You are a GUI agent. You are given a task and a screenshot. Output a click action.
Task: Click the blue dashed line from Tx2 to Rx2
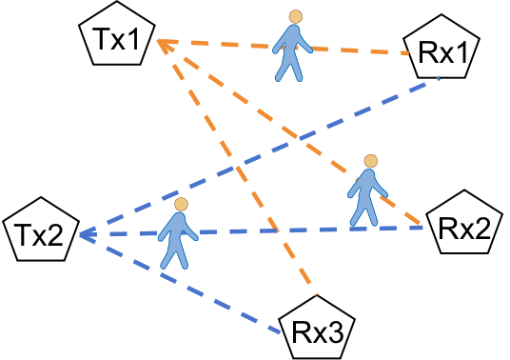[285, 230]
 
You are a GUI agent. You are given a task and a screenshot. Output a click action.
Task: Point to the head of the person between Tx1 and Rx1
[297, 16]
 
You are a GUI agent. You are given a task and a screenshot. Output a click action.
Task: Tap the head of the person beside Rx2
[371, 160]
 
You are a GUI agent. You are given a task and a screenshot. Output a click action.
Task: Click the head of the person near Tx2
[181, 204]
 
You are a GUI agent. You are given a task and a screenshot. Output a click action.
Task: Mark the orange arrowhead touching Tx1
[162, 43]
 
